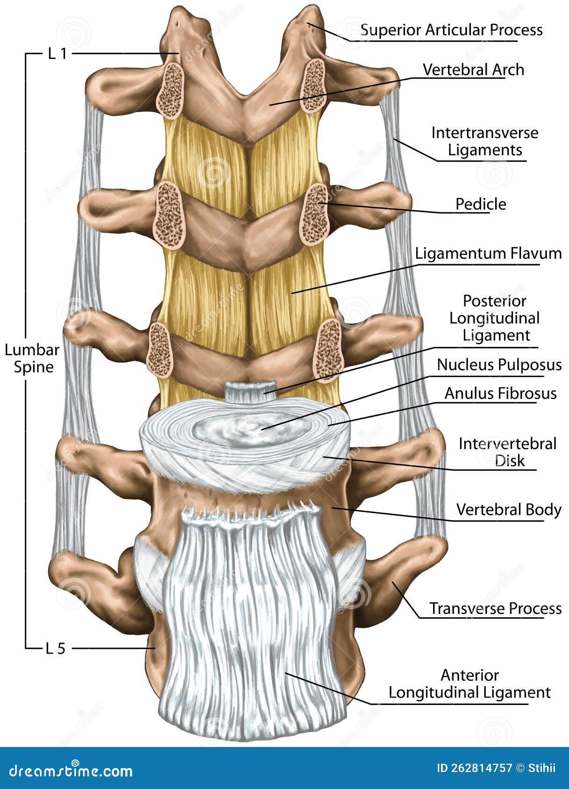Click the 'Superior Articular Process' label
[451, 30]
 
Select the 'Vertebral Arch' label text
[473, 70]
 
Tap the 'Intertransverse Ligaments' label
[484, 141]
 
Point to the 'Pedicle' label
[481, 204]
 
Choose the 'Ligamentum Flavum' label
[488, 254]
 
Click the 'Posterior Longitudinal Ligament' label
[494, 318]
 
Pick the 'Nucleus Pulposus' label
[499, 365]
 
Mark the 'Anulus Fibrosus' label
[500, 394]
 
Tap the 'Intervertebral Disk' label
[507, 451]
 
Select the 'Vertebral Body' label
[508, 509]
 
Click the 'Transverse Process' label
[495, 608]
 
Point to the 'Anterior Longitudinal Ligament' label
[469, 684]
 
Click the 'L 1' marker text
[57, 54]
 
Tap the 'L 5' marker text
[56, 648]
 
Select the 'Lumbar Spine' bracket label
[32, 358]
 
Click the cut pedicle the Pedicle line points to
[314, 214]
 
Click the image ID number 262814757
[483, 768]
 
